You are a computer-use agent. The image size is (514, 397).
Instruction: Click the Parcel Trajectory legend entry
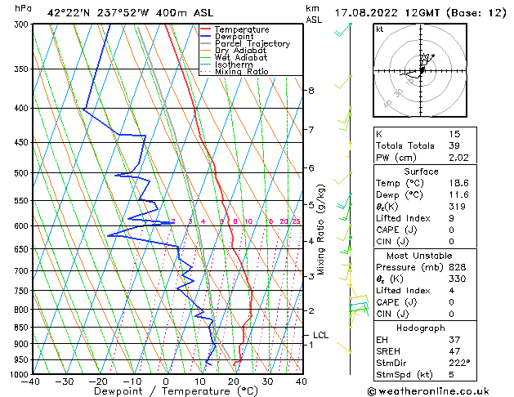tap(252, 43)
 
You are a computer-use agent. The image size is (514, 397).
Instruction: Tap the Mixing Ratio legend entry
tap(241, 72)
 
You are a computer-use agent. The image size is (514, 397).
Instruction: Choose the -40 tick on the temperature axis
tap(31, 381)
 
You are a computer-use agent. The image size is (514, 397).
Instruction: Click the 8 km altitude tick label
tap(311, 91)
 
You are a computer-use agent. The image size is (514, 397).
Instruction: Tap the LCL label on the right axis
tap(320, 335)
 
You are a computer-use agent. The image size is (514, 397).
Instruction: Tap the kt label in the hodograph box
tap(380, 29)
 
